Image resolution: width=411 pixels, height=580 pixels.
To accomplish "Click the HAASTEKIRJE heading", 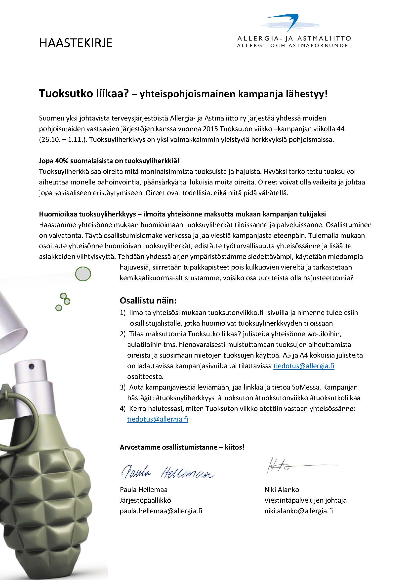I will (x=76, y=43).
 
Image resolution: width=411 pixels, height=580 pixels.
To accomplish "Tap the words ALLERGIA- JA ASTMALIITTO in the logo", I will (x=294, y=39).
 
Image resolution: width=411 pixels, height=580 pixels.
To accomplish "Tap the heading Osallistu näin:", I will (x=148, y=301).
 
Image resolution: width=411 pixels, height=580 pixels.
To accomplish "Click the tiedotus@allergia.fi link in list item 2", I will (x=304, y=366).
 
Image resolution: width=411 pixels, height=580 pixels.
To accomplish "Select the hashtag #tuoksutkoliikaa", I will (x=335, y=398).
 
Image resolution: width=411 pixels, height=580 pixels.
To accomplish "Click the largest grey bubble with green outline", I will (x=83, y=274).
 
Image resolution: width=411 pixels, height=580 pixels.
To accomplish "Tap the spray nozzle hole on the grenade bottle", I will (x=32, y=365).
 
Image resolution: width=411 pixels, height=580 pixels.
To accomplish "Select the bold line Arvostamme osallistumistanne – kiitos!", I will (x=182, y=447).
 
